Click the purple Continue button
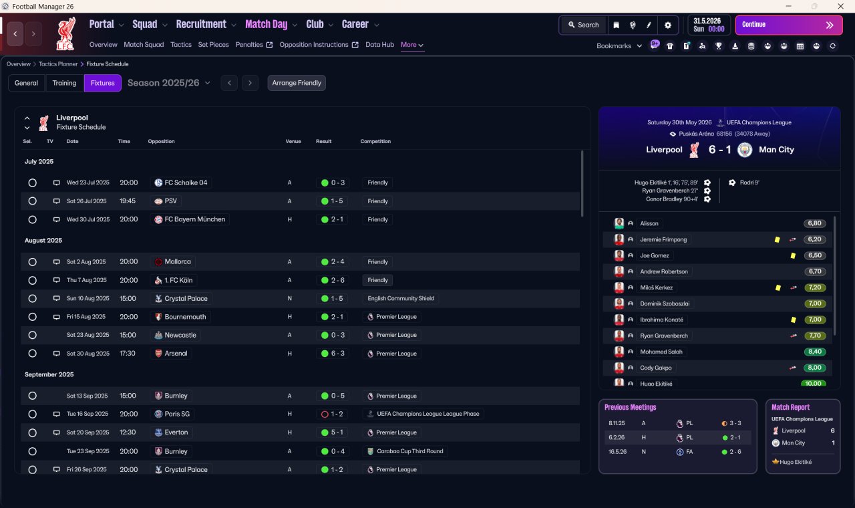pos(789,25)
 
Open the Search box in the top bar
pos(583,25)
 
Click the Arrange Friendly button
pos(297,83)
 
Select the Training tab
pos(64,83)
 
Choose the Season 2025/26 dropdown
pos(169,83)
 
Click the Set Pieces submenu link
pos(213,45)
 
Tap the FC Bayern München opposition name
pos(194,220)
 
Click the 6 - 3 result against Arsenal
pos(337,354)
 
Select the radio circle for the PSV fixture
pos(33,201)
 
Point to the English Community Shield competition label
pos(401,298)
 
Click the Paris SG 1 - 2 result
pos(337,414)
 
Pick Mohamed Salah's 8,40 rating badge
pos(814,352)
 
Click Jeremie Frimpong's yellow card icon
pos(777,240)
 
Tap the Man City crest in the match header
pos(745,150)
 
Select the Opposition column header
pos(162,141)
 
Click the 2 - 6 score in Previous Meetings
pos(735,452)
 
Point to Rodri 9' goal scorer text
pos(749,182)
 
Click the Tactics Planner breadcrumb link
pos(58,64)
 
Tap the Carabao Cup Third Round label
pos(410,451)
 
